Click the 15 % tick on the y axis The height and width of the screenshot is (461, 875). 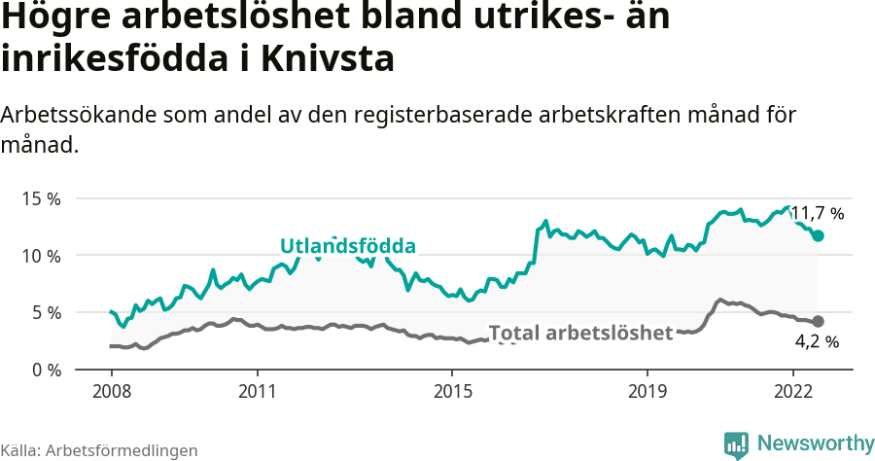[x=40, y=198]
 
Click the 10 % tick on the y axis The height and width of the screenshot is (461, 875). [x=40, y=256]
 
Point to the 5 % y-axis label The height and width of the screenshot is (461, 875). [x=44, y=313]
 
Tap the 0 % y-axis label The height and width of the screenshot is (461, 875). [x=44, y=371]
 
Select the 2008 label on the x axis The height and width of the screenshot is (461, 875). [x=111, y=392]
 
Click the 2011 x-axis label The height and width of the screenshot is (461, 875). [x=257, y=392]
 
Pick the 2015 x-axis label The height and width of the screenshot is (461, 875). [x=451, y=392]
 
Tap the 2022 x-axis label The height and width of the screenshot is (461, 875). [x=792, y=392]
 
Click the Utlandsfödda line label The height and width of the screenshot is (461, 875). [x=347, y=245]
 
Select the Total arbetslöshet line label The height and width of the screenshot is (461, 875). [x=580, y=333]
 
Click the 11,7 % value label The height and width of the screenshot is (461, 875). [x=817, y=213]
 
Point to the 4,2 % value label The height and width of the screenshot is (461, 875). [x=817, y=341]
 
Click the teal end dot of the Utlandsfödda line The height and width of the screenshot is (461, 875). [x=818, y=235]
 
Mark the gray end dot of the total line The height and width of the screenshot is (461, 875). [x=818, y=321]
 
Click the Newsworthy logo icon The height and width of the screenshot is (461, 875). [x=736, y=444]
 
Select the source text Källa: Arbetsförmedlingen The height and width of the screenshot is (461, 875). [x=99, y=450]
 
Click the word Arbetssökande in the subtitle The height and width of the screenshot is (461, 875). [x=78, y=115]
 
